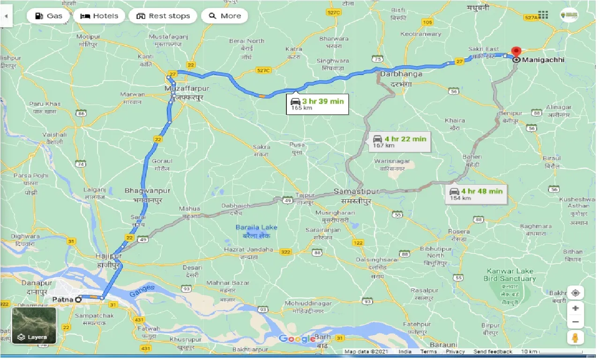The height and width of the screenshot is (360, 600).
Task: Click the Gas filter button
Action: coord(49,16)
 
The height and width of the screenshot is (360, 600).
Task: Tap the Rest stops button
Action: coord(163,16)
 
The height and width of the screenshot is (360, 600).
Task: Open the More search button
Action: coord(225,16)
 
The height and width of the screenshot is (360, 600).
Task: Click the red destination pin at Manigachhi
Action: coord(516,52)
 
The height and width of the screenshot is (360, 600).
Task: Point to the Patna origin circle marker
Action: coord(79,299)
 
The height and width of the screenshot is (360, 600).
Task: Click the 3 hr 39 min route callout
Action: coord(317,104)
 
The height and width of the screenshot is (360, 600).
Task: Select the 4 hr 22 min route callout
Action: coord(399,141)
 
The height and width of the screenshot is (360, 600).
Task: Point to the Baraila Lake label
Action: coord(256,227)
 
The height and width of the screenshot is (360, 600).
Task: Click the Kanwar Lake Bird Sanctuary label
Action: coord(510,275)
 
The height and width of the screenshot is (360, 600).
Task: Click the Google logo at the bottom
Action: coord(297,338)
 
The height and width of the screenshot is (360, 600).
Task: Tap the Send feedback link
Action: coord(493,352)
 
